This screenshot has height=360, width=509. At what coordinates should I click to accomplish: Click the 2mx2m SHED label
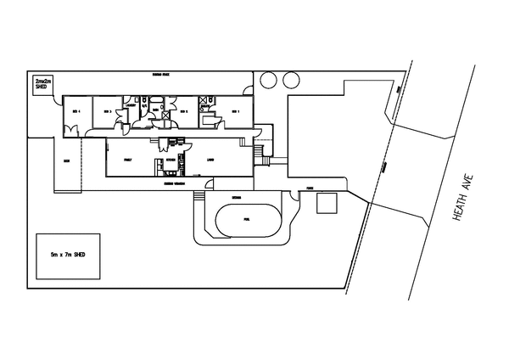coord(41,83)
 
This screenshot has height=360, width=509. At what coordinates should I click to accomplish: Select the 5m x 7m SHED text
coord(67,255)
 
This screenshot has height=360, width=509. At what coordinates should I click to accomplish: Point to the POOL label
coord(246,218)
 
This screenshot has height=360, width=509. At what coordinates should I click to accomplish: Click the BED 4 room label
coord(76,111)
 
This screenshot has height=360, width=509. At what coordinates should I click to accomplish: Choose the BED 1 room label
coord(237,111)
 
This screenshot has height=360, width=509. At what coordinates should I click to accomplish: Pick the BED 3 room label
coord(108,111)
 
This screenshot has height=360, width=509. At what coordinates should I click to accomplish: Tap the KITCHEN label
coord(170,159)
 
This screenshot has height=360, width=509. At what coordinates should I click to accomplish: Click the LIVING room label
coord(210,159)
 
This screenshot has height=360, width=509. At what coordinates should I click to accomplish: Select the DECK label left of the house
coord(65,160)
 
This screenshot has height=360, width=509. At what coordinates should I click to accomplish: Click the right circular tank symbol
coord(291,81)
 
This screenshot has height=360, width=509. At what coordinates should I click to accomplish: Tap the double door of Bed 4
coord(75,131)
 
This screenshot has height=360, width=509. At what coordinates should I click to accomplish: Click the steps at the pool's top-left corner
coord(199,196)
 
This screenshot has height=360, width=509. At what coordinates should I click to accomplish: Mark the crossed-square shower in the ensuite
coord(204,101)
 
